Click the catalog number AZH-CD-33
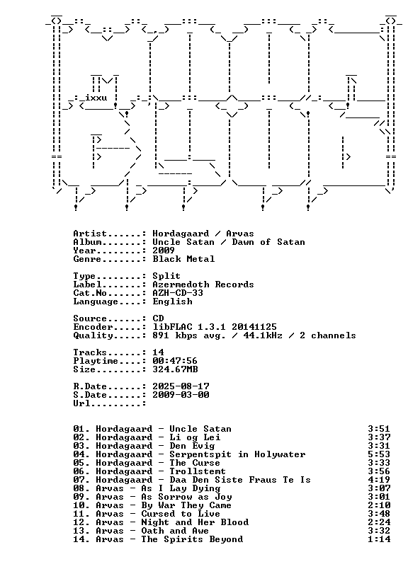click(x=178, y=293)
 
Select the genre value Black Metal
click(x=183, y=259)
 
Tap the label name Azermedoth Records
click(x=203, y=284)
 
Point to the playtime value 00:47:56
click(x=175, y=361)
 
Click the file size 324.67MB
click(x=175, y=369)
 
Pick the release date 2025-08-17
click(x=181, y=386)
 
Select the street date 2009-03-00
click(x=181, y=395)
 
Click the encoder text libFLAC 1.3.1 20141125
click(x=215, y=326)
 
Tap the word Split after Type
click(x=166, y=276)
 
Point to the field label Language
click(x=96, y=301)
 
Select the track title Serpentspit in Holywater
click(x=237, y=454)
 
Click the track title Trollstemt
click(x=198, y=471)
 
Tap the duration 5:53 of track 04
click(x=379, y=454)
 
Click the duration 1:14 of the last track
click(x=379, y=539)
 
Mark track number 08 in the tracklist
click(x=79, y=488)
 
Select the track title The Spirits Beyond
click(x=192, y=539)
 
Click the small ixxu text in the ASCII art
click(x=96, y=98)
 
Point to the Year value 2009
click(x=164, y=250)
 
